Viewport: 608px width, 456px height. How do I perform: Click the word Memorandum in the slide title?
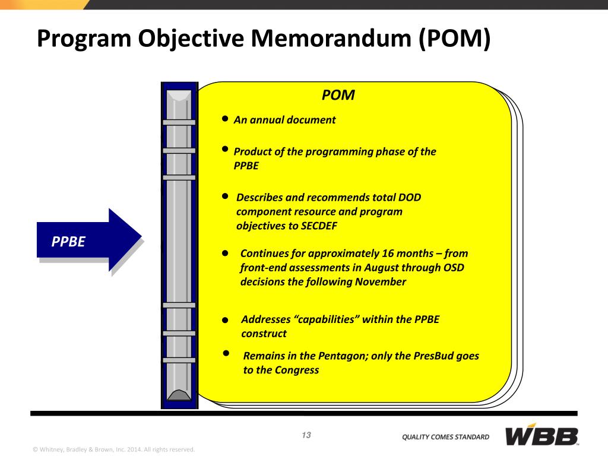323,39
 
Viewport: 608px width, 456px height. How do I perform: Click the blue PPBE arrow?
89,241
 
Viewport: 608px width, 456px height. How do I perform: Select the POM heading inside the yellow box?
338,95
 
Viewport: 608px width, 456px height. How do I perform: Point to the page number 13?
306,435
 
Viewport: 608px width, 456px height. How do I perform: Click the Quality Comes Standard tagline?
445,437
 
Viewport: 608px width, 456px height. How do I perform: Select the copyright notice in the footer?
113,449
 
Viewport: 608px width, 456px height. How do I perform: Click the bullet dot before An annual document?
225,119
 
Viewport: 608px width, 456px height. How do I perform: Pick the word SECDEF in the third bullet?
319,226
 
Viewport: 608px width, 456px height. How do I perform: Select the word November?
381,282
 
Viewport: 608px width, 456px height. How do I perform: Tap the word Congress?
297,370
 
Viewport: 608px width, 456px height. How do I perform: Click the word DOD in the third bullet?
409,197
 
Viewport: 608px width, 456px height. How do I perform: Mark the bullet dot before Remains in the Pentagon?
226,353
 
